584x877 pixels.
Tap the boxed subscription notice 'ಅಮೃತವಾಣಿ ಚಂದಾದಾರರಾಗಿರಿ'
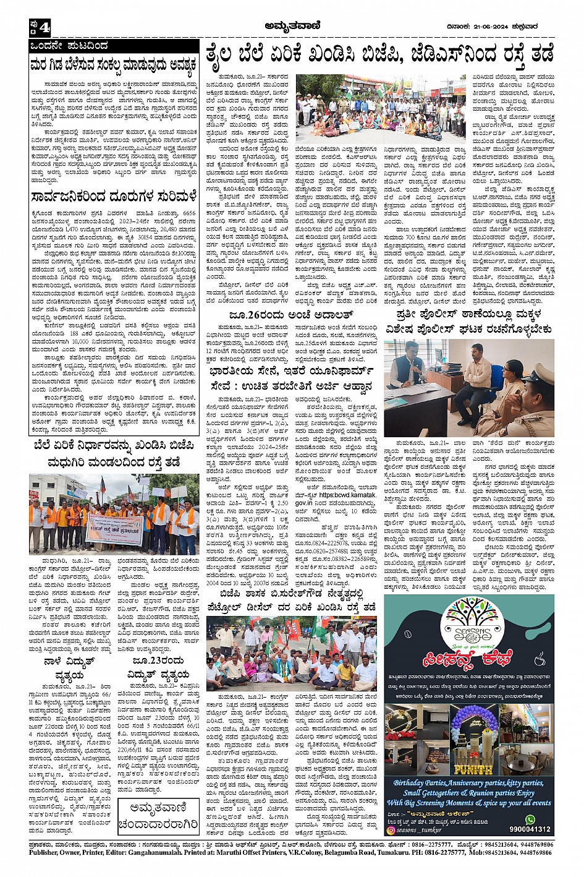158,817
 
